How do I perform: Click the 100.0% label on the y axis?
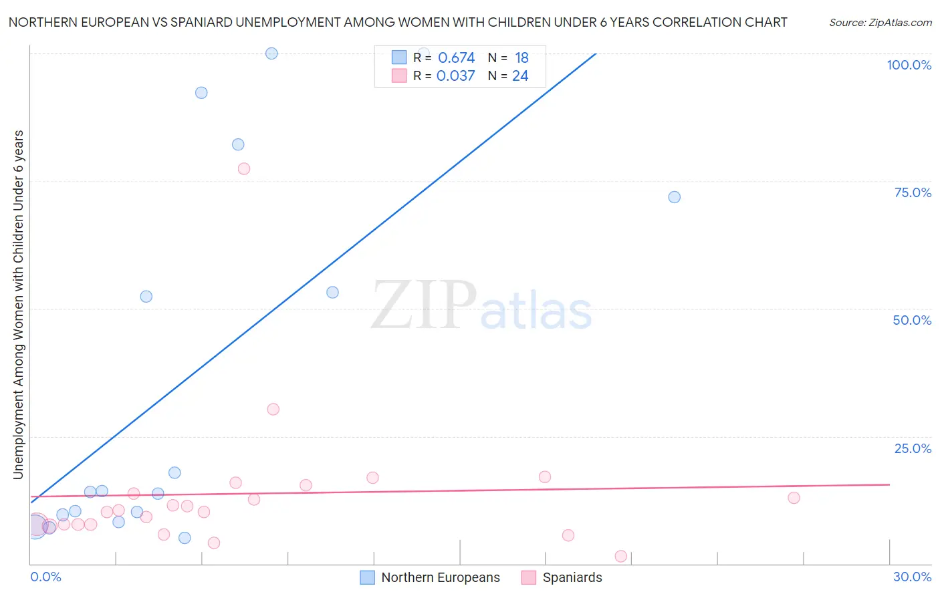[909, 65]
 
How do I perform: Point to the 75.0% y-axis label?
[913, 192]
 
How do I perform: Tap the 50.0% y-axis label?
[912, 320]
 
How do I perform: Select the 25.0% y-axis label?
[913, 448]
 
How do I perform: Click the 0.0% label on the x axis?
[45, 577]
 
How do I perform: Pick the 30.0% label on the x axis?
[912, 577]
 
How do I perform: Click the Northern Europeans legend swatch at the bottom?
[367, 578]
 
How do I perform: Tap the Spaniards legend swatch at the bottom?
[529, 578]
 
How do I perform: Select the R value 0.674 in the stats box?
[456, 58]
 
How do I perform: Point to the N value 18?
[521, 58]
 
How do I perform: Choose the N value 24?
[520, 76]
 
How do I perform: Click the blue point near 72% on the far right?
[674, 197]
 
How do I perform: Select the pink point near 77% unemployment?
[244, 169]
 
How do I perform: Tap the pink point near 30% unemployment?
[273, 410]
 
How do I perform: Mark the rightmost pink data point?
[794, 498]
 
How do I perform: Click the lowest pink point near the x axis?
[620, 557]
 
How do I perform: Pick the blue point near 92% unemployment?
[201, 93]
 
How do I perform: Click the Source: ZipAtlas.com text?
[880, 23]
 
